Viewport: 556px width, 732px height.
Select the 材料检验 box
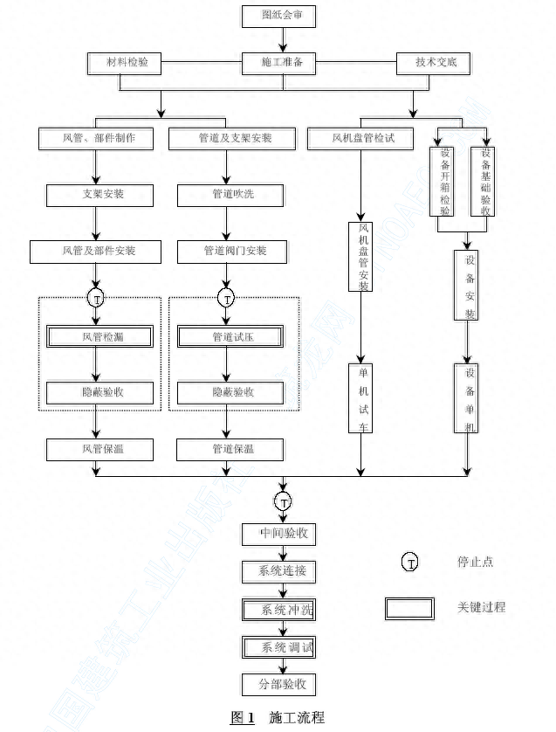coord(125,63)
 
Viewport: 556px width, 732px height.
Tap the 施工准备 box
coord(279,63)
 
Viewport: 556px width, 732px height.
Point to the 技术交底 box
coord(433,63)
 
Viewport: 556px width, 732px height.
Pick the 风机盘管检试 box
coord(360,138)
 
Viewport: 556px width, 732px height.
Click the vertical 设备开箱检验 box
coord(444,182)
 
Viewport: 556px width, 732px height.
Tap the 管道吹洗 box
coord(230,194)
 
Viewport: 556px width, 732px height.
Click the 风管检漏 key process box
coord(100,336)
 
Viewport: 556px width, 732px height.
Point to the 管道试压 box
coord(230,336)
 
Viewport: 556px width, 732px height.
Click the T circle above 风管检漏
coord(96,297)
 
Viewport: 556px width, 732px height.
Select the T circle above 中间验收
coord(284,501)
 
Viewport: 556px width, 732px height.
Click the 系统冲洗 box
coord(279,610)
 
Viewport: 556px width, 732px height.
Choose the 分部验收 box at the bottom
coord(279,684)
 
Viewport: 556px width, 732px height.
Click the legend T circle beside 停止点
coord(409,562)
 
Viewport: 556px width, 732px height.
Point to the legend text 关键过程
coord(481,607)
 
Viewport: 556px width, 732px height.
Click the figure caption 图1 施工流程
coord(278,717)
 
